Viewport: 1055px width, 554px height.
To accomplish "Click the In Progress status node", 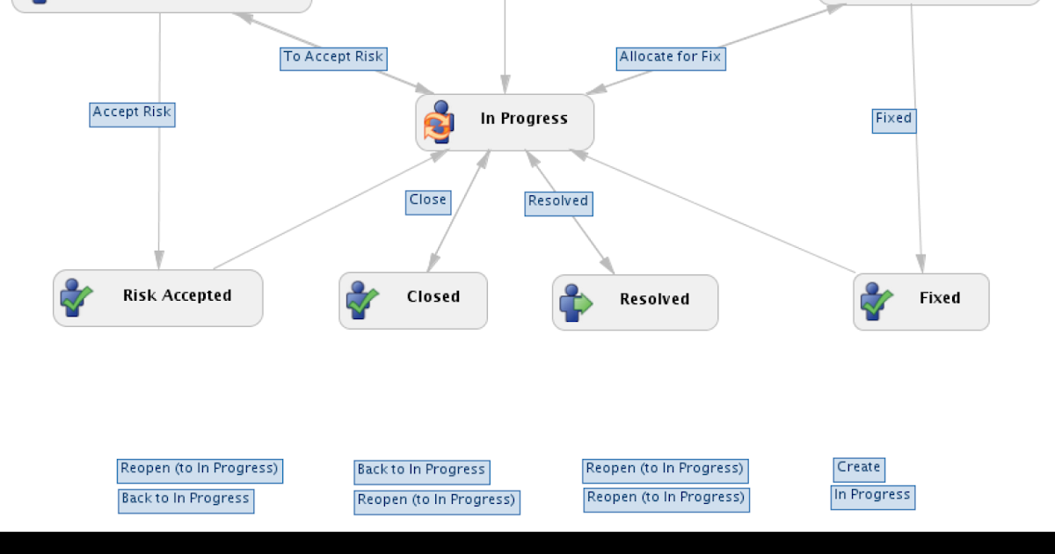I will tap(505, 122).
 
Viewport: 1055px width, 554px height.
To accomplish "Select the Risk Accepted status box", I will tap(158, 298).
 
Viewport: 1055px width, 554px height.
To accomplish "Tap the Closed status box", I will tap(413, 301).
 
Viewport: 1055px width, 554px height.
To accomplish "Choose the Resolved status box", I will tap(635, 303).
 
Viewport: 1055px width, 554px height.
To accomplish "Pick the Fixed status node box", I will tap(920, 302).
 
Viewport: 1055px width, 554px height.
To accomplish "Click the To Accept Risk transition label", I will tap(333, 58).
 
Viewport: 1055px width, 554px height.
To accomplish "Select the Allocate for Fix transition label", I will tap(670, 58).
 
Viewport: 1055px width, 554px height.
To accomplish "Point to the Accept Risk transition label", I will tap(132, 113).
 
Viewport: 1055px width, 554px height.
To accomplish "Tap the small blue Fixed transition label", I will tap(893, 120).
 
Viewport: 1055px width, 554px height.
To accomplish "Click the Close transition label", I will tap(428, 201).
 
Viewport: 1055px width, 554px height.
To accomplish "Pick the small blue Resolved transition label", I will tap(558, 202).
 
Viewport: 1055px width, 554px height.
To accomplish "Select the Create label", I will tap(858, 469).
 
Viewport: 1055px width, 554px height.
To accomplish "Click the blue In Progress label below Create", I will tap(872, 497).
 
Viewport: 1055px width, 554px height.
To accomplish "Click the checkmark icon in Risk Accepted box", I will tap(76, 299).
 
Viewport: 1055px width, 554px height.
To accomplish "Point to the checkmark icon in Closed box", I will tap(361, 301).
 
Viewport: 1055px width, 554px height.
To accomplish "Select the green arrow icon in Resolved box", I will tap(576, 303).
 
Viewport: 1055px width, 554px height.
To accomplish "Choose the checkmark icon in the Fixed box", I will tap(877, 302).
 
